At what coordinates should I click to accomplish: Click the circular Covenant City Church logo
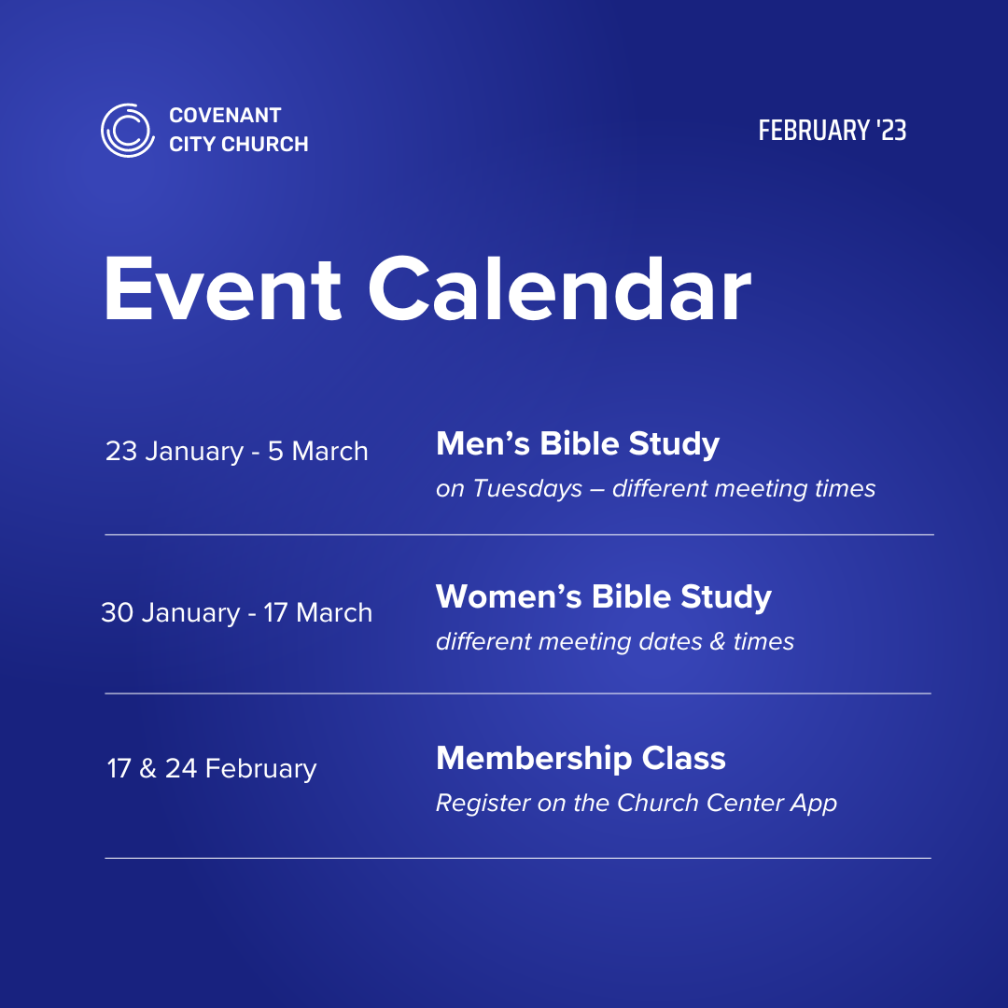pos(127,130)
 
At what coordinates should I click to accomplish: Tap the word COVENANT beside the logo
pos(225,116)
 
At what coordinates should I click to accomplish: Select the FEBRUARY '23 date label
pos(832,131)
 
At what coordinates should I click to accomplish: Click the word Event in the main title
pos(223,288)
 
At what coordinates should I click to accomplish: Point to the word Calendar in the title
pos(559,288)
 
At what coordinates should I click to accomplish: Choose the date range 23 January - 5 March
pos(236,452)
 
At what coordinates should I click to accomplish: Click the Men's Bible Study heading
pos(577,444)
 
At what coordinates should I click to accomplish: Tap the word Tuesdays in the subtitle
pos(527,488)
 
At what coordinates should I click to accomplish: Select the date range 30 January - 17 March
pos(236,613)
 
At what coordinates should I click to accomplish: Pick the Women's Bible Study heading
pos(603,597)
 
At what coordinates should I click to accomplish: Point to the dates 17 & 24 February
pos(212,769)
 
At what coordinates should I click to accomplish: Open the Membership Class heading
pos(581,758)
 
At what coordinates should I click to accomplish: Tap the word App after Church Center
pos(814,803)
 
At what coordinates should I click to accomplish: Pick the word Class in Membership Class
pos(683,758)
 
